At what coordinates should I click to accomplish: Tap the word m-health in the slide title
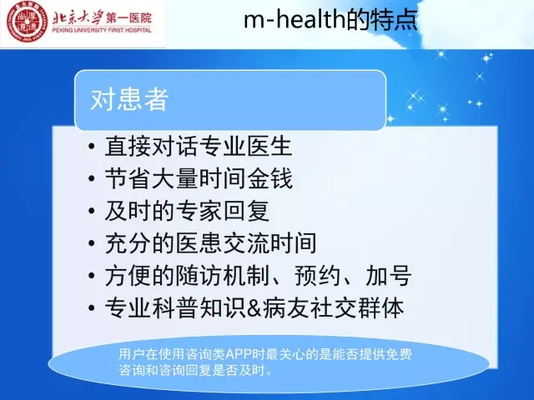point(295,19)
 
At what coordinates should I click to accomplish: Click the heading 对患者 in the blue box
point(130,99)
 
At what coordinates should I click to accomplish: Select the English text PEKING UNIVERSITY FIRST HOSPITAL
point(102,30)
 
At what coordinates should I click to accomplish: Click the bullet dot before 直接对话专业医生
point(91,147)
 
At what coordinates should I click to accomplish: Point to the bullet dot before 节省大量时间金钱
point(91,178)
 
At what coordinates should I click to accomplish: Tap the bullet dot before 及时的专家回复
point(91,211)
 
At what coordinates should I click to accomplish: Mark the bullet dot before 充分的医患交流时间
point(91,243)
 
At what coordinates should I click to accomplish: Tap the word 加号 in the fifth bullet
point(388,275)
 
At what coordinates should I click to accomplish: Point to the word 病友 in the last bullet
point(285,307)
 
